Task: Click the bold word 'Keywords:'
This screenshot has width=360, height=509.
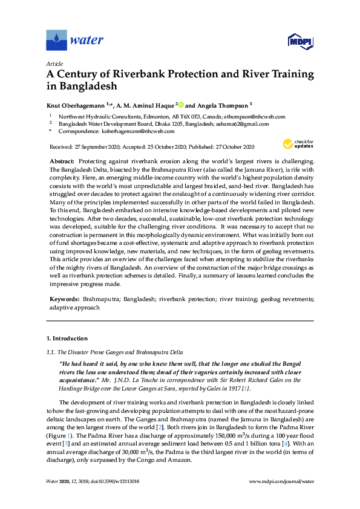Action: (64, 299)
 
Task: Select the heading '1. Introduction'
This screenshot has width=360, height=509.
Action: (66, 336)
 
